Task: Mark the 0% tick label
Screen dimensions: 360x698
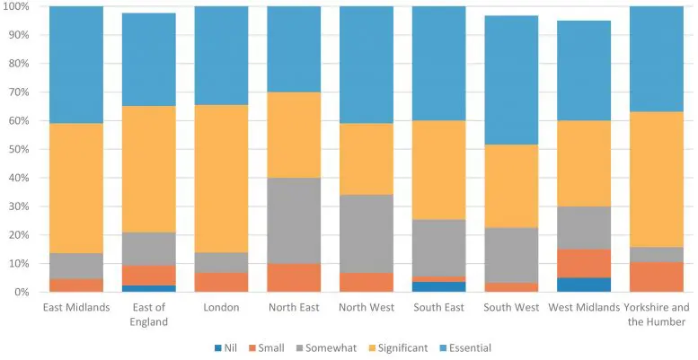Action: [22, 293]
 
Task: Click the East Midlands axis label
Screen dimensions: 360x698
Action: [76, 308]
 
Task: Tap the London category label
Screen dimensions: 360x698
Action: [221, 308]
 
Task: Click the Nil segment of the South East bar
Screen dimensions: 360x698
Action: [438, 287]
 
